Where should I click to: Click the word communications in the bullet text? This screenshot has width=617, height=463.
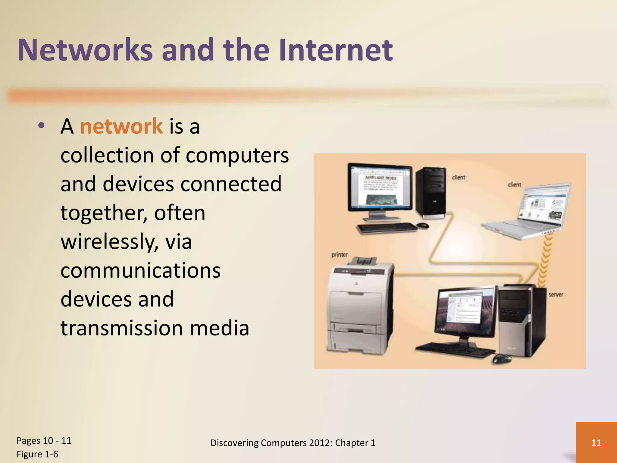[x=140, y=270]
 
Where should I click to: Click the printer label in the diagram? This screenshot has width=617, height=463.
[x=340, y=255]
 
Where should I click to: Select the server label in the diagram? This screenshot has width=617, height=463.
[x=556, y=294]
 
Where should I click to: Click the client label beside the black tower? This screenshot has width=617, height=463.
[x=459, y=177]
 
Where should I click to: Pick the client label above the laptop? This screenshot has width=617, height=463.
[x=514, y=184]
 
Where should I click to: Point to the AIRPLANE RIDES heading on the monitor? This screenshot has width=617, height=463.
[x=381, y=178]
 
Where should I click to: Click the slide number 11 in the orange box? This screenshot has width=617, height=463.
[x=596, y=443]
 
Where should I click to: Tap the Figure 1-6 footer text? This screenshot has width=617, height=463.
[x=37, y=454]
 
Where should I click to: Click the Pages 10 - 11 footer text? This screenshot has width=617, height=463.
[x=44, y=440]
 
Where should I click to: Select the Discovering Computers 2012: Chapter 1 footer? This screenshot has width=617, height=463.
[x=293, y=443]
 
